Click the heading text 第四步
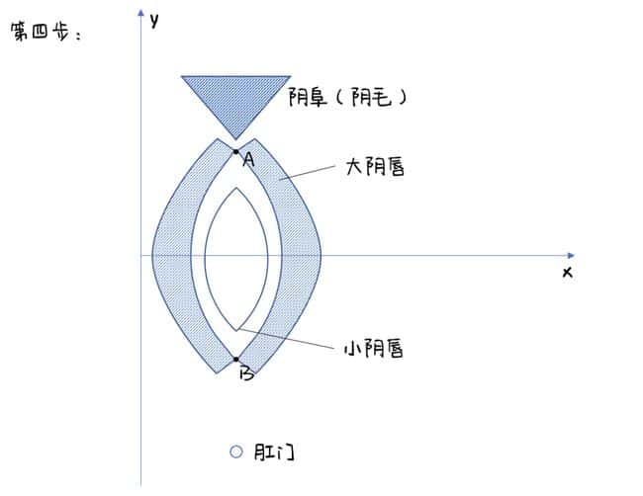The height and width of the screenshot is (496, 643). tap(40, 32)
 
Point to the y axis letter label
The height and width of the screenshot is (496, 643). tap(154, 20)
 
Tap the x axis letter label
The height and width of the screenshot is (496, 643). tap(568, 272)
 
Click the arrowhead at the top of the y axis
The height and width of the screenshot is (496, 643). tap(141, 13)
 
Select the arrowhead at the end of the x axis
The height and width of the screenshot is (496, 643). tap(571, 256)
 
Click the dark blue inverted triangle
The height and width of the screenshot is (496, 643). tap(235, 98)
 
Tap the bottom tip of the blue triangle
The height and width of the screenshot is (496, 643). tap(235, 139)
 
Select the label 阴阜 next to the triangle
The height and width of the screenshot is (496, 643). tap(308, 97)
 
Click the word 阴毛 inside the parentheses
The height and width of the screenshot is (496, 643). tap(372, 97)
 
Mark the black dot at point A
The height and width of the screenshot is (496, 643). tap(235, 152)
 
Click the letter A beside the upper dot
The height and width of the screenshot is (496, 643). tap(248, 159)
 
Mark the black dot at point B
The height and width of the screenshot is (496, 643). tap(236, 360)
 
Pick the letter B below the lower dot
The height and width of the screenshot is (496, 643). tap(247, 373)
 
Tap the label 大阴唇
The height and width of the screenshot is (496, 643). tap(375, 167)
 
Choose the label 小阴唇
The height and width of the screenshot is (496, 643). tap(374, 349)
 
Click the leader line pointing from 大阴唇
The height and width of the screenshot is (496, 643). tap(307, 173)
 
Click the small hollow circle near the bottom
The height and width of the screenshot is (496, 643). tap(236, 452)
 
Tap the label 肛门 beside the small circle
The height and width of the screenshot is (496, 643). tap(274, 453)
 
